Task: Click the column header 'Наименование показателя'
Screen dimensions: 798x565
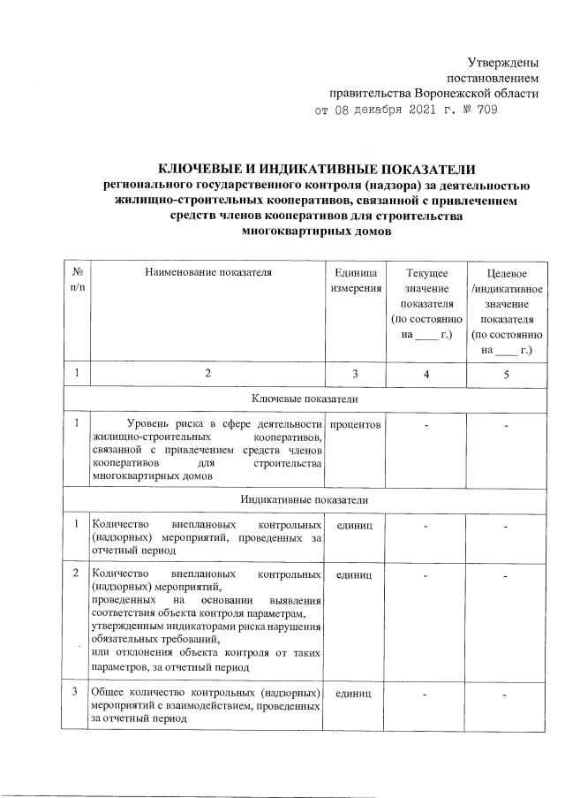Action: tap(208, 272)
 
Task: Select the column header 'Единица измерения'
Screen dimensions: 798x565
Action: tap(356, 280)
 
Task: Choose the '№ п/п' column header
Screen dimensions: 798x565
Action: tap(78, 280)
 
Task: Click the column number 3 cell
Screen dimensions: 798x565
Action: tap(356, 374)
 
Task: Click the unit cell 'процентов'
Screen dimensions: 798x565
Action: tap(356, 426)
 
